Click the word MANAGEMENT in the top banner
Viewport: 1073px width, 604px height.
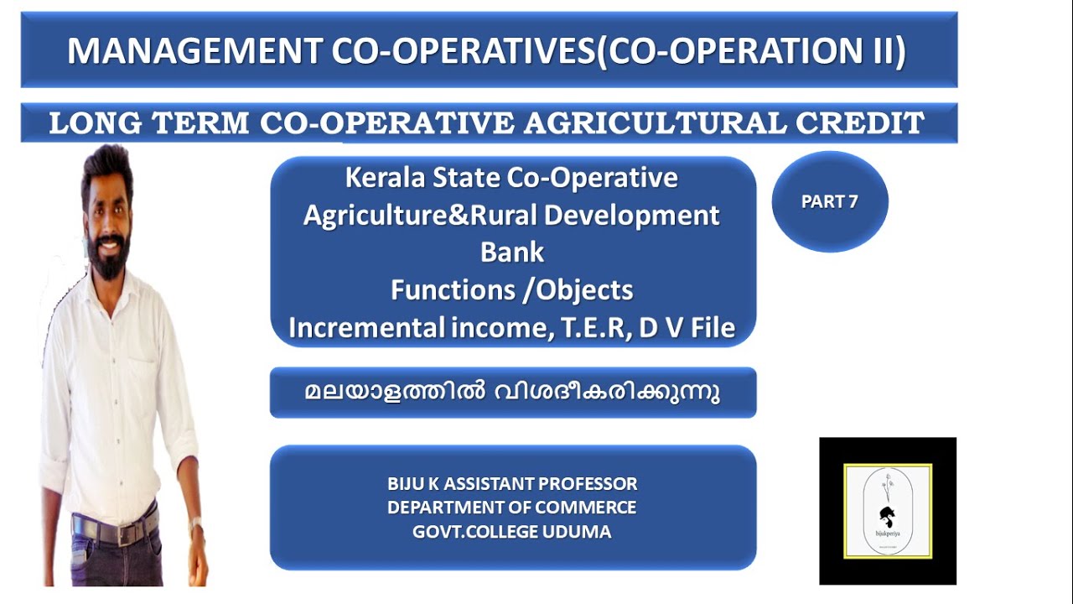pyautogui.click(x=194, y=52)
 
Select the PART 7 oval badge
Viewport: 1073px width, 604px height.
pyautogui.click(x=829, y=202)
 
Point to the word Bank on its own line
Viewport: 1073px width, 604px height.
pyautogui.click(x=512, y=252)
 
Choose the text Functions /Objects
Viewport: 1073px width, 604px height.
pyautogui.click(x=511, y=290)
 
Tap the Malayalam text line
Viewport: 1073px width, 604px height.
pyautogui.click(x=512, y=393)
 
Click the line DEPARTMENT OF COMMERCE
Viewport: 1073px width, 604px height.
pyautogui.click(x=511, y=508)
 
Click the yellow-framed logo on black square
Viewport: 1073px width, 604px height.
pyautogui.click(x=888, y=511)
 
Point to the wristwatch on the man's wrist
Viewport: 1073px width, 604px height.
pyautogui.click(x=196, y=526)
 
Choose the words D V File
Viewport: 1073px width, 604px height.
pyautogui.click(x=687, y=327)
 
